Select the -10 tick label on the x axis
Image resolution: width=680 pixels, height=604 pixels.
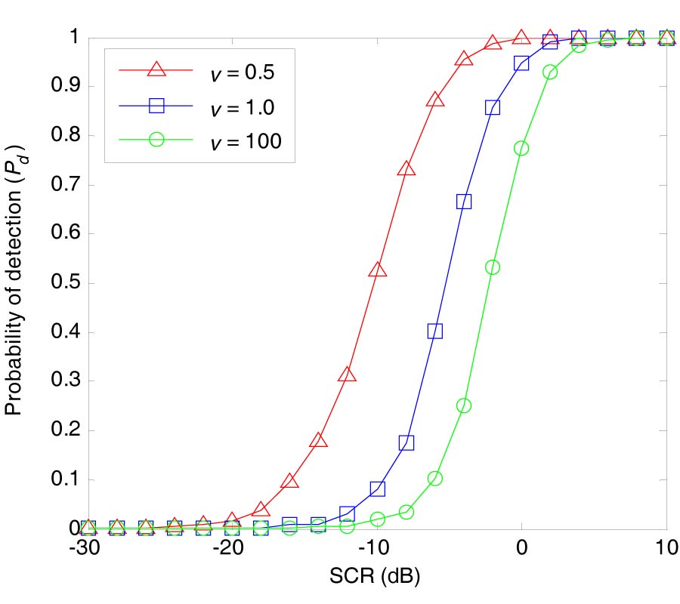(x=376, y=547)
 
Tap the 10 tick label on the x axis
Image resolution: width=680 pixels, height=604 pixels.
(x=666, y=547)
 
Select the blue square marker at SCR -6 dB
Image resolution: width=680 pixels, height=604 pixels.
(x=435, y=331)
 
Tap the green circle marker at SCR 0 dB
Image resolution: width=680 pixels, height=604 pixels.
(x=521, y=149)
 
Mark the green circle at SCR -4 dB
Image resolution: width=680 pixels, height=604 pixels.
(x=464, y=405)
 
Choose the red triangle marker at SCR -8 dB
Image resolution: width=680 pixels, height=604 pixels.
(x=406, y=169)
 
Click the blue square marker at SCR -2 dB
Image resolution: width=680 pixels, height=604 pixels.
(x=493, y=107)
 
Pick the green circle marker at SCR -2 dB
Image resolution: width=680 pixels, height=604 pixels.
(x=493, y=267)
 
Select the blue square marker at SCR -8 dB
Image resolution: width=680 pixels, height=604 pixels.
(x=406, y=442)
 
